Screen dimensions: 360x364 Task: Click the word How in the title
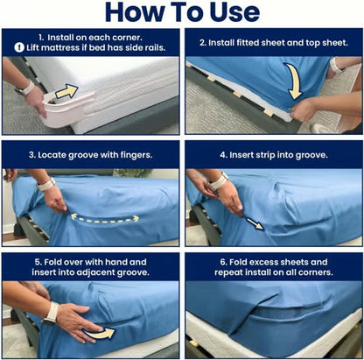pyautogui.click(x=136, y=12)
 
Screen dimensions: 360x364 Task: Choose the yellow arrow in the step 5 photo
pyautogui.click(x=104, y=333)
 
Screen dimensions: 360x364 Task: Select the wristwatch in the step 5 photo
pyautogui.click(x=52, y=311)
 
